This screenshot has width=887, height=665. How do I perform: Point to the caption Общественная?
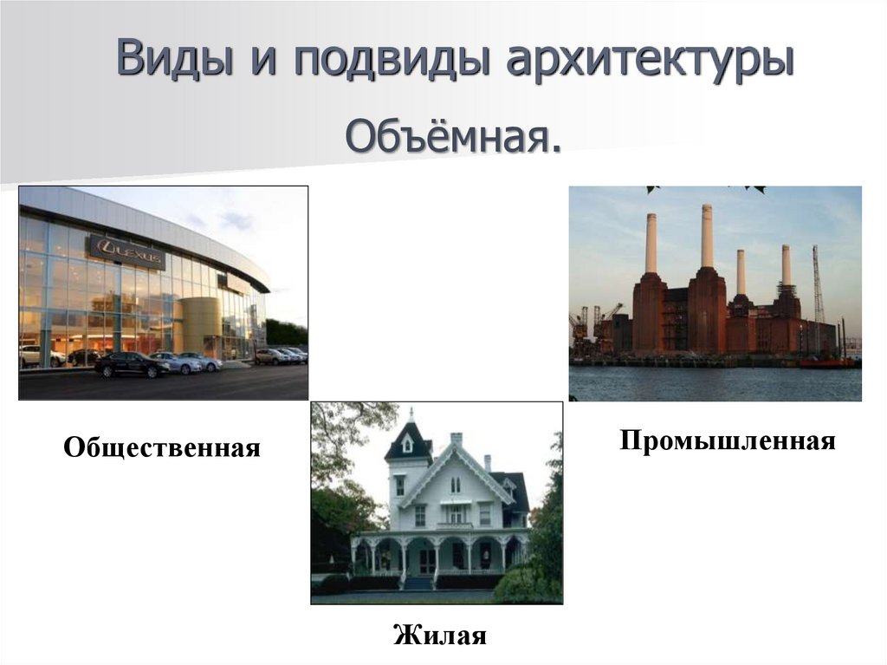pyautogui.click(x=162, y=448)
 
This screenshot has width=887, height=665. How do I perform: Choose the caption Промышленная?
pyautogui.click(x=728, y=440)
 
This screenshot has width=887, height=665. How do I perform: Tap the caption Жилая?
pyautogui.click(x=440, y=636)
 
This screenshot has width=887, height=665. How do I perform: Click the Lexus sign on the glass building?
pyautogui.click(x=126, y=252)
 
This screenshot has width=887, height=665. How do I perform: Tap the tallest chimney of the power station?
pyautogui.click(x=707, y=235)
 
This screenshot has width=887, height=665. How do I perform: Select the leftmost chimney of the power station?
pyautogui.click(x=650, y=243)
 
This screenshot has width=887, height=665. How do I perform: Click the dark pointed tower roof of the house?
pyautogui.click(x=408, y=440)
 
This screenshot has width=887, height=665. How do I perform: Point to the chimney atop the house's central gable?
pyautogui.click(x=456, y=440)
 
